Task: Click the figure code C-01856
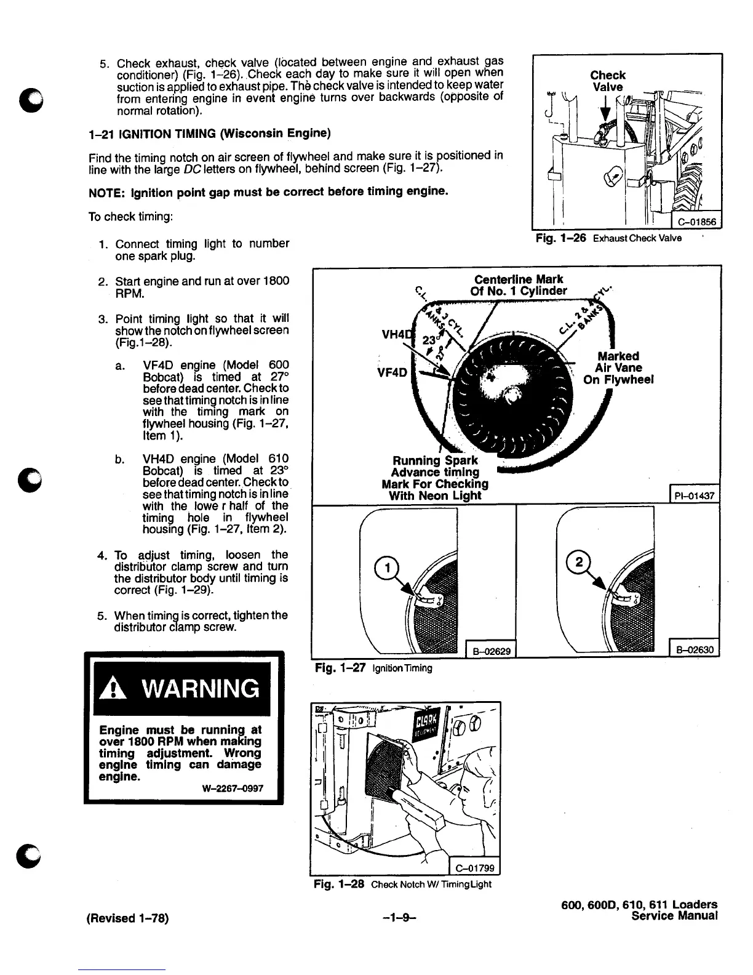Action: coord(697,222)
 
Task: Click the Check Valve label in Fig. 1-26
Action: coord(607,81)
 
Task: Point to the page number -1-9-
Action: coord(400,918)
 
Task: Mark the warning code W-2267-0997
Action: coord(232,787)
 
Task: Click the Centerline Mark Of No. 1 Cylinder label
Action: coord(519,285)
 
